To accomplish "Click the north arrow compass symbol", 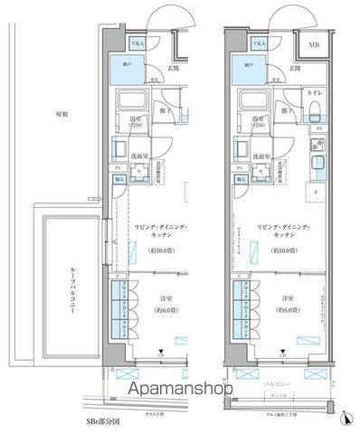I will click(x=345, y=417).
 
